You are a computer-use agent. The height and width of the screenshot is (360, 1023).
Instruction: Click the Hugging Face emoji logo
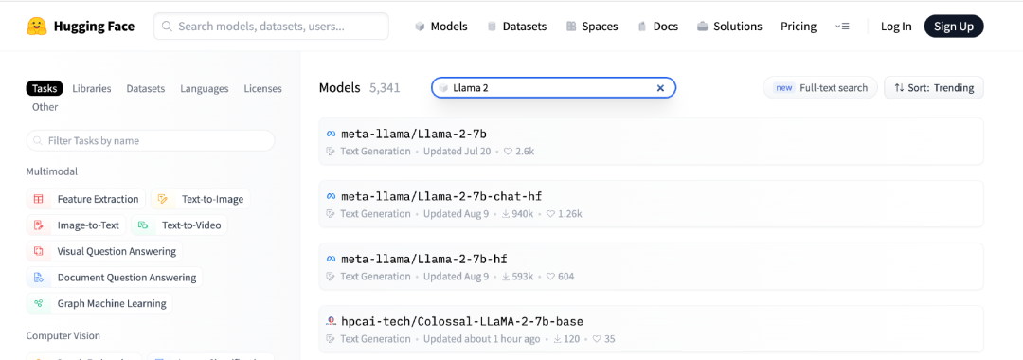pyautogui.click(x=37, y=27)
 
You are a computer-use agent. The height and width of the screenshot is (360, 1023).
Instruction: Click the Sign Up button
pyautogui.click(x=953, y=27)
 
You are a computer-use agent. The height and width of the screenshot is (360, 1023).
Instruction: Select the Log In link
pyautogui.click(x=896, y=27)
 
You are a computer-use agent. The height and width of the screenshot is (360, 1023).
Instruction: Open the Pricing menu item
pyautogui.click(x=798, y=27)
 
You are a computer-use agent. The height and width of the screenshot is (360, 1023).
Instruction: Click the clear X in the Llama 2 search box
pyautogui.click(x=660, y=88)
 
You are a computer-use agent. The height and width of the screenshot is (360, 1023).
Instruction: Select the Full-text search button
pyautogui.click(x=818, y=87)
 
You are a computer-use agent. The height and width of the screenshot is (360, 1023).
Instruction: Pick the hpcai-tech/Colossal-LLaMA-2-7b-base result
pyautogui.click(x=462, y=321)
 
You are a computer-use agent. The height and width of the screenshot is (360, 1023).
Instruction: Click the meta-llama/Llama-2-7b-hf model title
pyautogui.click(x=424, y=259)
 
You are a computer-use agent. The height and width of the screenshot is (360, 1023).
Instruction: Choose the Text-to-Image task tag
pyautogui.click(x=200, y=199)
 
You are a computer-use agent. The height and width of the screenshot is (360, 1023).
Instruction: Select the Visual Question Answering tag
pyautogui.click(x=104, y=251)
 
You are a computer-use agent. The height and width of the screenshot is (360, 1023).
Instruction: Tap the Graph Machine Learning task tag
pyautogui.click(x=99, y=303)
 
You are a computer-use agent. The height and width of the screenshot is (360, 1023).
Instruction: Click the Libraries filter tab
pyautogui.click(x=91, y=88)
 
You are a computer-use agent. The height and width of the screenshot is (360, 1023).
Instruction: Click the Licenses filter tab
pyautogui.click(x=263, y=88)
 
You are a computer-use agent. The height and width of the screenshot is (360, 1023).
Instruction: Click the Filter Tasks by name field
pyautogui.click(x=150, y=140)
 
